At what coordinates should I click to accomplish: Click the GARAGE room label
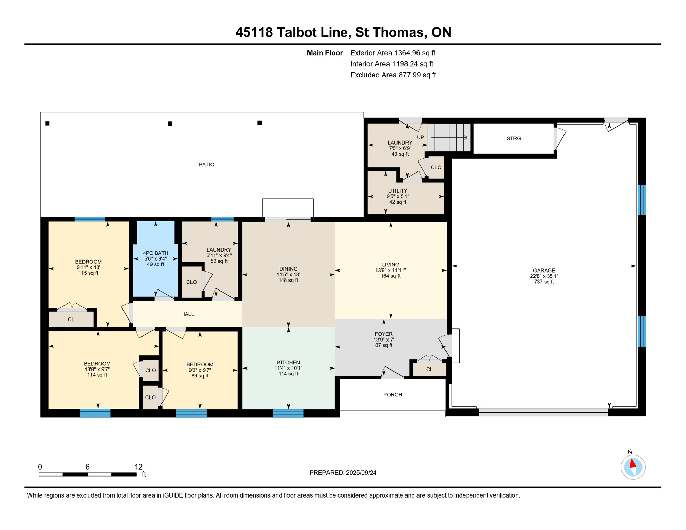(x=544, y=271)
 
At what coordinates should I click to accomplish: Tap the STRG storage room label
(x=513, y=138)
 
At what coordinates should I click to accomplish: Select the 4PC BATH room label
(x=155, y=253)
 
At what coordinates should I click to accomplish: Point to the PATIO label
(x=206, y=165)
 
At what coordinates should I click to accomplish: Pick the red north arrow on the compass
(x=633, y=463)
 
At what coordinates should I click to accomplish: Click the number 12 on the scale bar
(x=138, y=467)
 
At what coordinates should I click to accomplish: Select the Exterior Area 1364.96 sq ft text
(x=393, y=53)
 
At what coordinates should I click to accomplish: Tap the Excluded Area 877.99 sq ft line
(x=393, y=75)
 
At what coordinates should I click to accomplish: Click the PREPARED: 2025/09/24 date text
(x=343, y=473)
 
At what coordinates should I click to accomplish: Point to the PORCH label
(x=393, y=395)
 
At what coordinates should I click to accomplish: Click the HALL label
(x=187, y=314)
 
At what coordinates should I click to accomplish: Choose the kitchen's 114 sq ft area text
(x=288, y=374)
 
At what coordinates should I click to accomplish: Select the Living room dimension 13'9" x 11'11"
(x=390, y=271)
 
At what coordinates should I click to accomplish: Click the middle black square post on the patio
(x=170, y=124)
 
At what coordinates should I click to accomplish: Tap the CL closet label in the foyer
(x=429, y=369)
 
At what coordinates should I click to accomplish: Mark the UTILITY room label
(x=398, y=191)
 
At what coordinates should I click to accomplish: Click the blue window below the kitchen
(x=288, y=413)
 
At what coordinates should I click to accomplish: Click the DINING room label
(x=288, y=269)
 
